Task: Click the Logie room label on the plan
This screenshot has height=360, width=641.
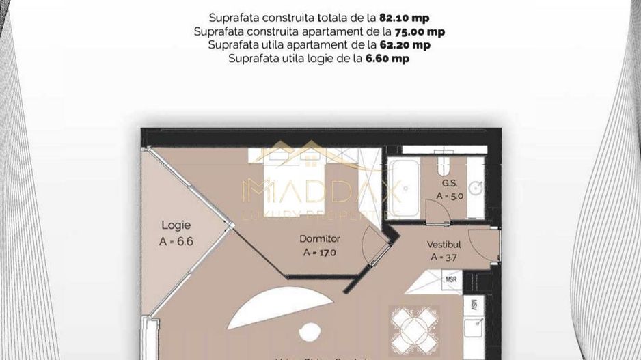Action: [176, 225]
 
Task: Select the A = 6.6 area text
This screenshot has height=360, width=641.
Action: [176, 240]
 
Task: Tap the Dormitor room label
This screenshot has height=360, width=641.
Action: [320, 239]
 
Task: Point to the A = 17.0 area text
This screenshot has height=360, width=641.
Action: [320, 252]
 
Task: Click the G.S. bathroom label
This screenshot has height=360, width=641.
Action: [449, 183]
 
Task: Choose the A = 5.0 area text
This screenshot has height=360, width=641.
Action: [449, 196]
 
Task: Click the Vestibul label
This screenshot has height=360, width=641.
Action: [444, 244]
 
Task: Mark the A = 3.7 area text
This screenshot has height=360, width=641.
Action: [444, 258]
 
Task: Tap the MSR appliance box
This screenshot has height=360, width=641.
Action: [451, 280]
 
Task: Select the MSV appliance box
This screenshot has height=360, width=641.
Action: [473, 307]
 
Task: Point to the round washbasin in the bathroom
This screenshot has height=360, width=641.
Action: [476, 187]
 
